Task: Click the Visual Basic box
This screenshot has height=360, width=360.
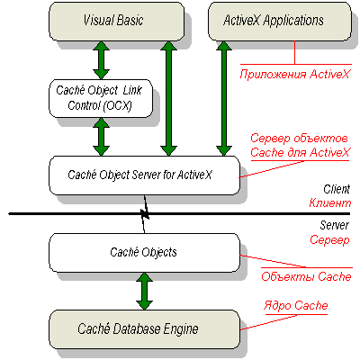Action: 116,22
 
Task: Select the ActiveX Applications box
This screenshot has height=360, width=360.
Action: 280,22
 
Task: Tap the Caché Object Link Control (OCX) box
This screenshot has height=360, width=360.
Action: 101,98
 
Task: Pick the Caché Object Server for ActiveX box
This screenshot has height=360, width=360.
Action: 144,175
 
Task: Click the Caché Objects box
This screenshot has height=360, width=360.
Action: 144,253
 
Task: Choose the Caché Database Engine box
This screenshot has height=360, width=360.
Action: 144,329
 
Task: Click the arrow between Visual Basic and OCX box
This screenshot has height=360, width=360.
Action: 101,60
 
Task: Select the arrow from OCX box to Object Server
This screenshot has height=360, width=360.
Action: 101,137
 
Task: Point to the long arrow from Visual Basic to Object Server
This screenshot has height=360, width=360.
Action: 169,98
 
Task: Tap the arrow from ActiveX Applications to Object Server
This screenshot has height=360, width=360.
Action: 224,98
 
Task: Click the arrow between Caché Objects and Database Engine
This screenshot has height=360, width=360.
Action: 144,292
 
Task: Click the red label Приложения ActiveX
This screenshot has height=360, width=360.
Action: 295,74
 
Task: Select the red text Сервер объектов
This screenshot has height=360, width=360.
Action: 299,139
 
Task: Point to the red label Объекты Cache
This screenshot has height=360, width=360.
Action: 306,276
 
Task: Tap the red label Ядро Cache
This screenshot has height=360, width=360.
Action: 296,306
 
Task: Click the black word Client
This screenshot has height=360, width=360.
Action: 337,189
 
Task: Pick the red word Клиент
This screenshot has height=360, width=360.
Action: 330,203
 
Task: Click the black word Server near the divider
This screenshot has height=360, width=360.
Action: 334,225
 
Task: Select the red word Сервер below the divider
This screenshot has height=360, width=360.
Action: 329,240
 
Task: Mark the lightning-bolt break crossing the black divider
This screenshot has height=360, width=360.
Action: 145,214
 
